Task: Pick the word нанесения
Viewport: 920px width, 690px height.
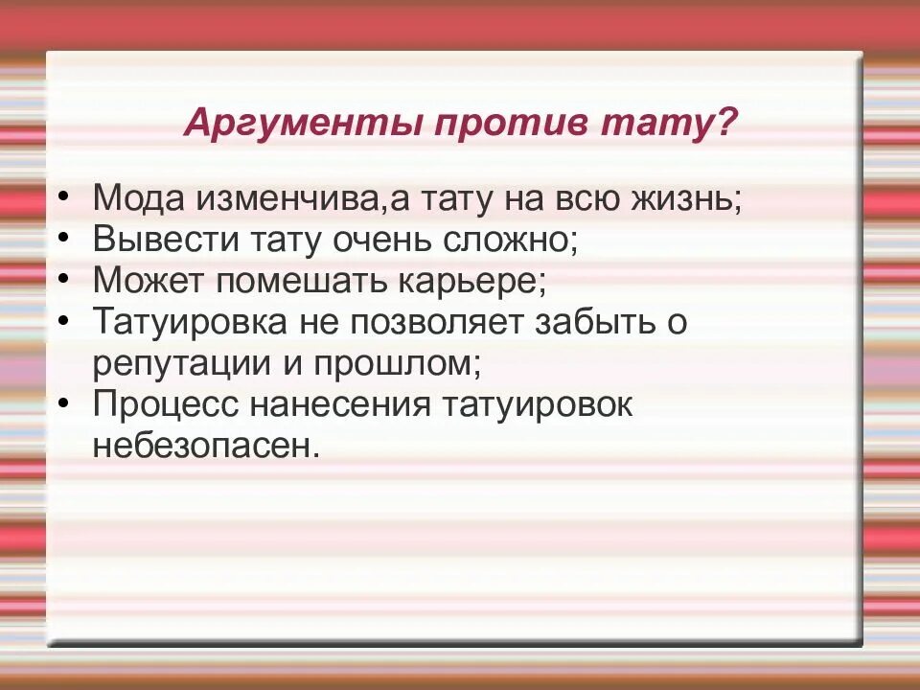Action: (340, 405)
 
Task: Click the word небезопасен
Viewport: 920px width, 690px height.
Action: (205, 447)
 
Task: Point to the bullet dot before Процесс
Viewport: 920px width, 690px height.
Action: (63, 402)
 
